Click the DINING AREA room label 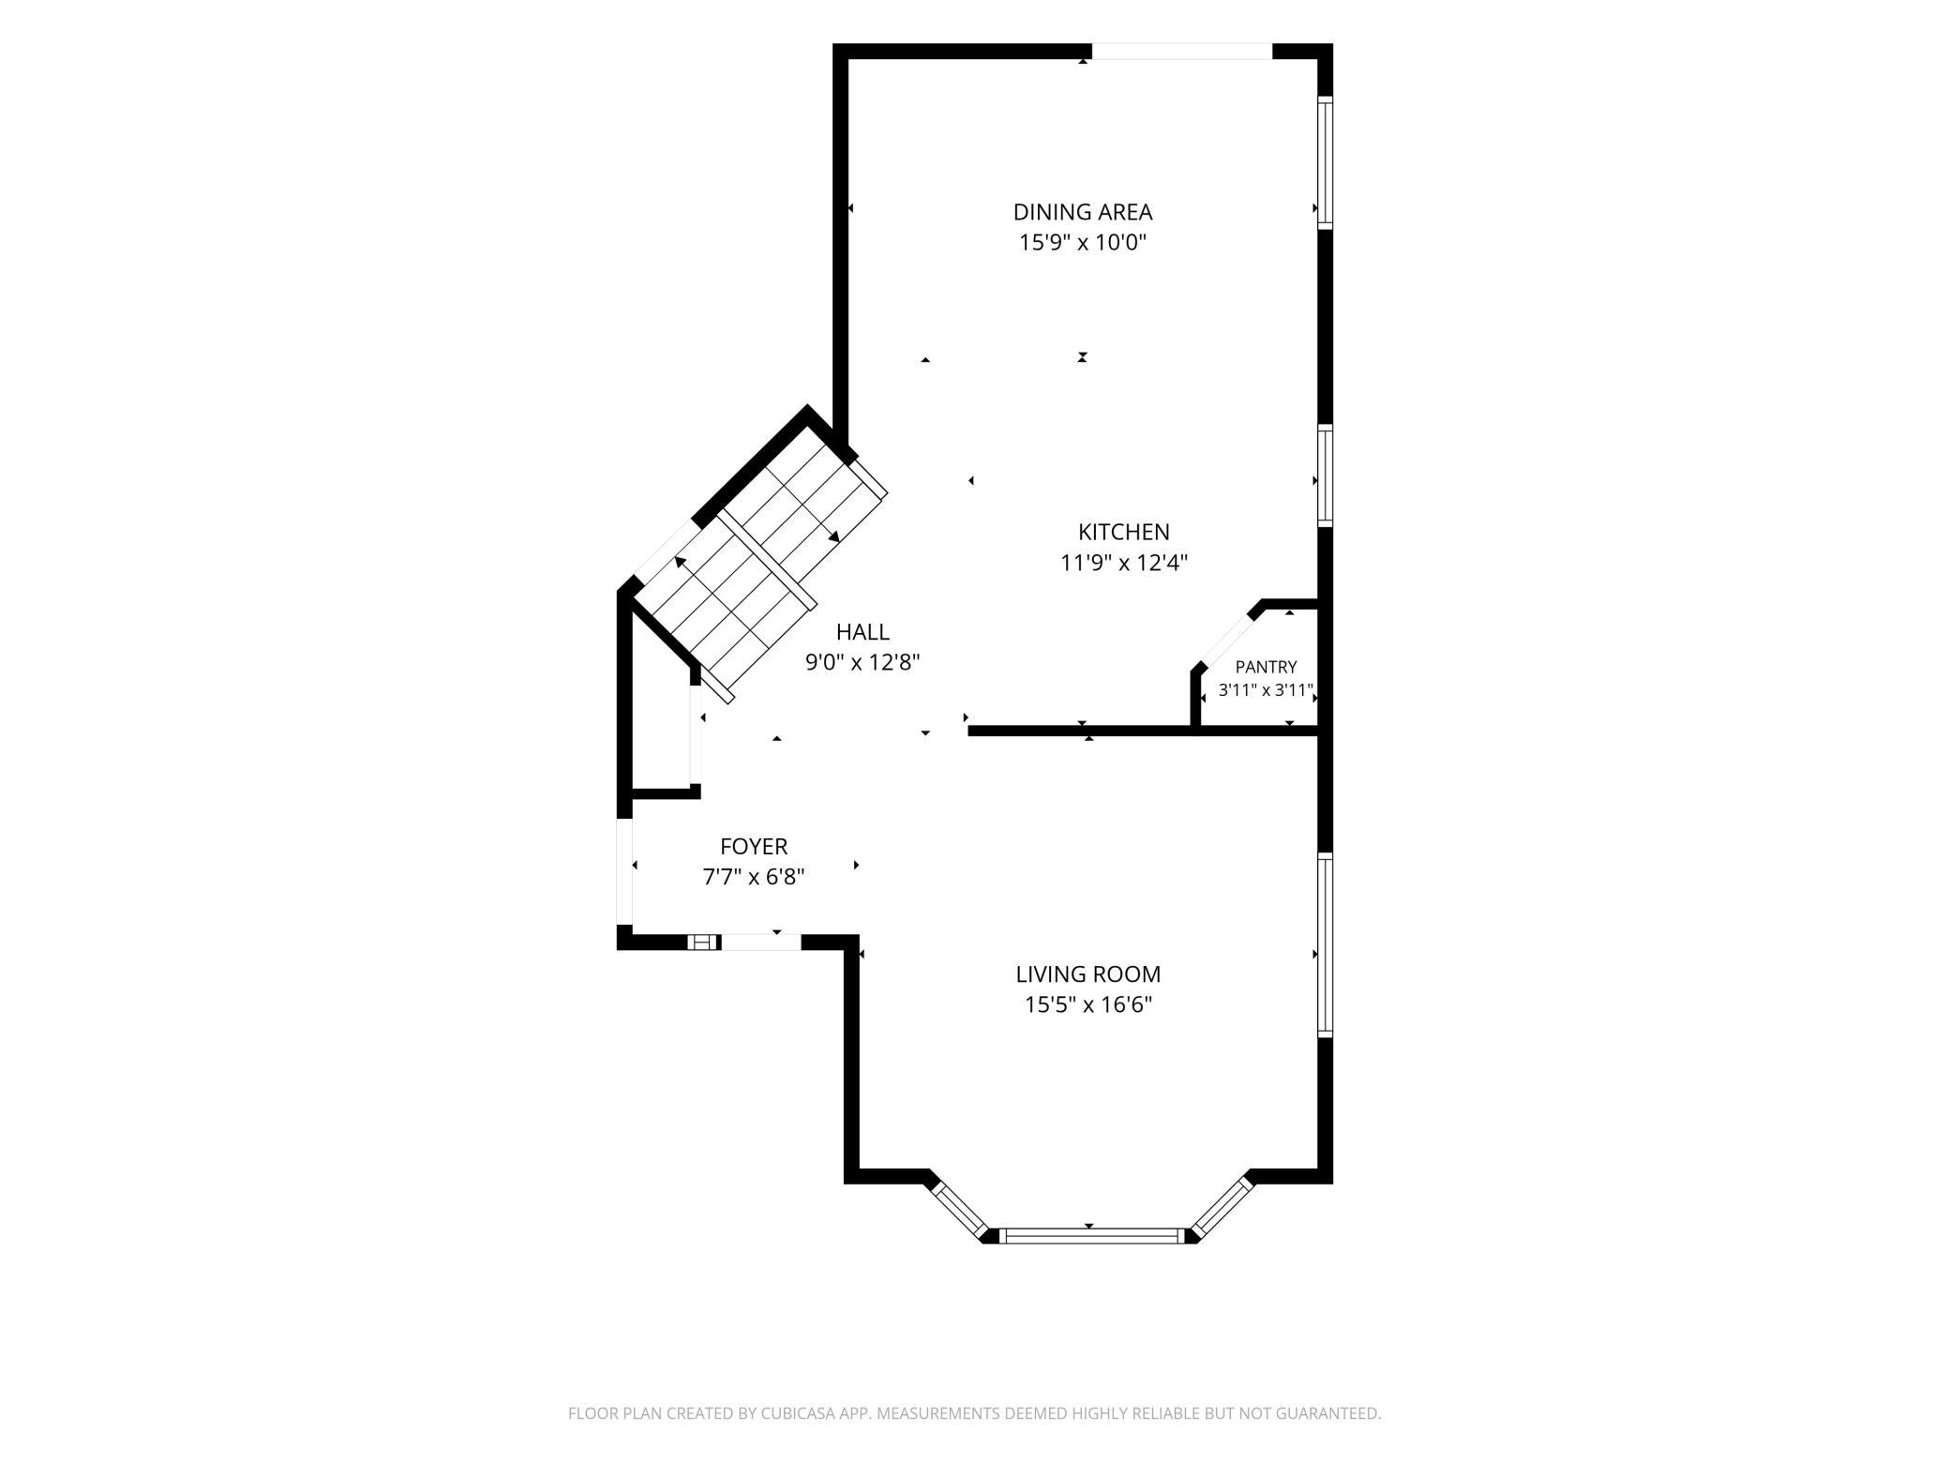coord(1083,212)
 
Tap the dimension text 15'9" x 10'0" coord(1083,243)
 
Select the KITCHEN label coord(1124,532)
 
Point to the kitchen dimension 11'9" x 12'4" coord(1124,563)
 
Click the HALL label coord(862,632)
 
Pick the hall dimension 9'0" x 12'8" coord(862,663)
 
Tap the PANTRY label coord(1266,667)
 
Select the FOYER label coord(754,847)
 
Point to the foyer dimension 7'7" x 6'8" coord(754,878)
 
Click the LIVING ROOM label coord(1088,974)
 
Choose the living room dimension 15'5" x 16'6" coord(1088,1005)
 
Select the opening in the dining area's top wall coord(1182,52)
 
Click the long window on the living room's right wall coord(1325,944)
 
